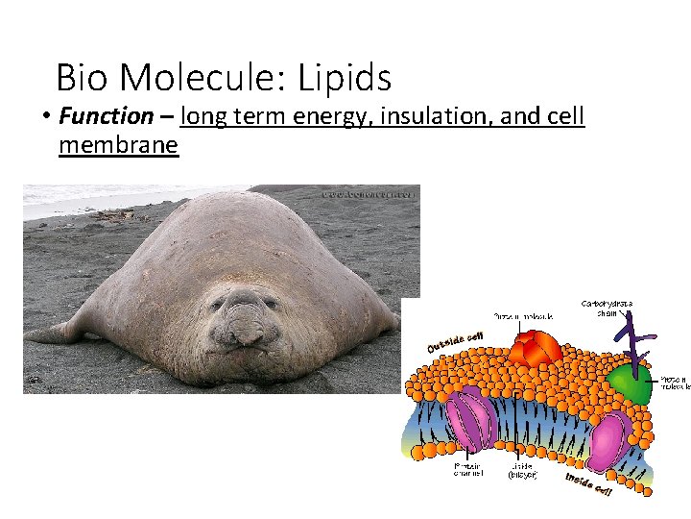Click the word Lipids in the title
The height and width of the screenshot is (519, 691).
(345, 77)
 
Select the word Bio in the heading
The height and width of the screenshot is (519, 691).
(83, 77)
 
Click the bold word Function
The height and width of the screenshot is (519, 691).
(106, 117)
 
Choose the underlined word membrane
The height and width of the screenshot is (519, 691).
(118, 145)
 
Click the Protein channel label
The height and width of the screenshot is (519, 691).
(467, 468)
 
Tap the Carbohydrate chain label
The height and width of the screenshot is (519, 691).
(607, 308)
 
